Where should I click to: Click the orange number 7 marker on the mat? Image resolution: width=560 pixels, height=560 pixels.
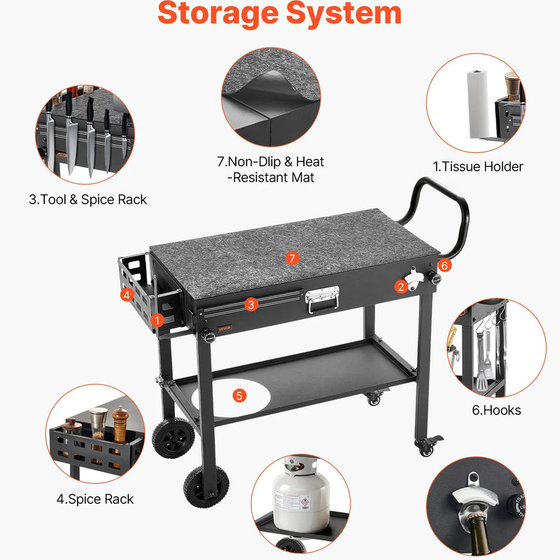pyautogui.click(x=292, y=258)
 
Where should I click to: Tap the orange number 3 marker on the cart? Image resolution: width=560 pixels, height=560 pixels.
pyautogui.click(x=251, y=304)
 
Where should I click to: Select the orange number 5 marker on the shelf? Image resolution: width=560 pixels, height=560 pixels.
pyautogui.click(x=239, y=395)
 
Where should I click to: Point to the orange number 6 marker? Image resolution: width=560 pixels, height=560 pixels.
pyautogui.click(x=444, y=265)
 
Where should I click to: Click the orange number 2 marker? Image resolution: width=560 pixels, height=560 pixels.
pyautogui.click(x=400, y=286)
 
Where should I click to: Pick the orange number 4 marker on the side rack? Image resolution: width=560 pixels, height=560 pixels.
pyautogui.click(x=127, y=295)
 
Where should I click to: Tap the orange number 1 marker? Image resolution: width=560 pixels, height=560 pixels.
pyautogui.click(x=157, y=321)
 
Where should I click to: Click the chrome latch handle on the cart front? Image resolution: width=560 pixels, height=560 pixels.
pyautogui.click(x=322, y=299)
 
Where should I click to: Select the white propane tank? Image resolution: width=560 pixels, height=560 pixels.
pyautogui.click(x=301, y=495)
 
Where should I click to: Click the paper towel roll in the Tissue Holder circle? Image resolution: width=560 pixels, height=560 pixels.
pyautogui.click(x=479, y=104)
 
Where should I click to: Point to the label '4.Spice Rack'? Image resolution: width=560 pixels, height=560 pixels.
pyautogui.click(x=95, y=499)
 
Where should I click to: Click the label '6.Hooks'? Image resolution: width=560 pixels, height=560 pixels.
pyautogui.click(x=496, y=410)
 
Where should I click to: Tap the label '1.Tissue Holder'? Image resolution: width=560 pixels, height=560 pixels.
pyautogui.click(x=478, y=167)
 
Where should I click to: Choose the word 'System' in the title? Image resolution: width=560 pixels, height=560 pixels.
pyautogui.click(x=344, y=13)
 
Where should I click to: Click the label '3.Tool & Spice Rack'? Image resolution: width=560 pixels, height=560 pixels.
pyautogui.click(x=88, y=199)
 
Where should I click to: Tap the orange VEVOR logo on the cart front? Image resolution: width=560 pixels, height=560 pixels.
pyautogui.click(x=225, y=328)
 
